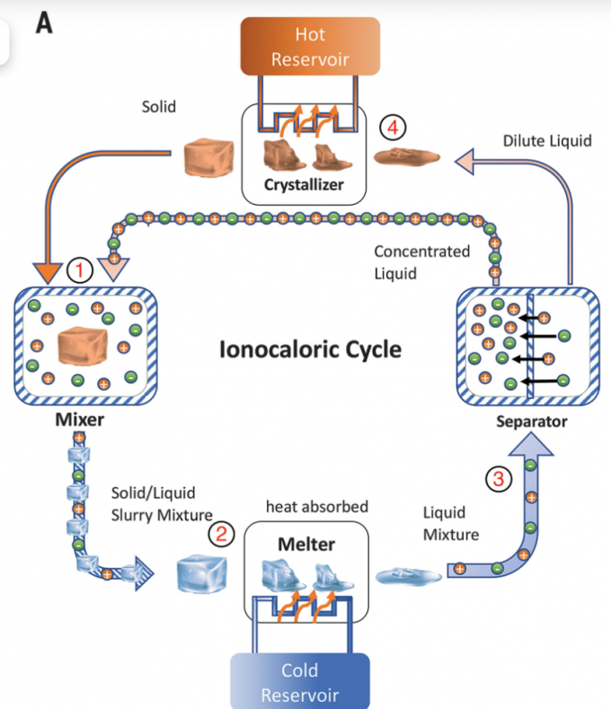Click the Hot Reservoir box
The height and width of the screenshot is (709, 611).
tap(310, 47)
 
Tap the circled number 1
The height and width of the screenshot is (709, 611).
tap(81, 269)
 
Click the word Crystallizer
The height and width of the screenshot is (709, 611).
tap(305, 185)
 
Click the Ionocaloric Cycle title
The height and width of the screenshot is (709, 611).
tap(310, 348)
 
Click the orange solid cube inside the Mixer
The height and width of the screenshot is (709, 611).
tap(84, 345)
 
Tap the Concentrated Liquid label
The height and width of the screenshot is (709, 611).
tap(421, 261)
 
